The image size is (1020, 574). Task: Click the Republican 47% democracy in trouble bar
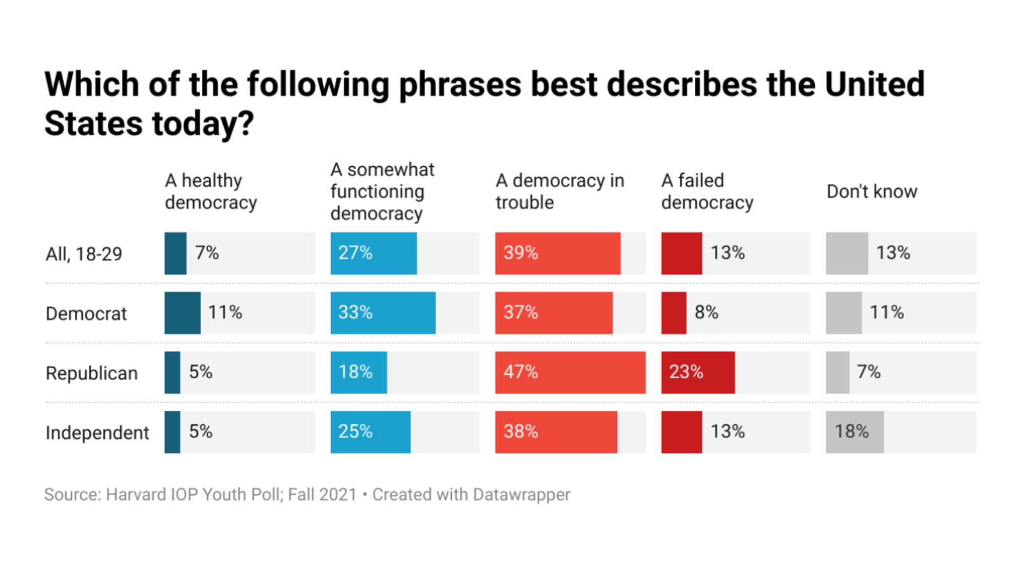pyautogui.click(x=570, y=372)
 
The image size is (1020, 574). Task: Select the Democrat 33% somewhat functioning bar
pyautogui.click(x=382, y=313)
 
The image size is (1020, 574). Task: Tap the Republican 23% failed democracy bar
pyautogui.click(x=697, y=372)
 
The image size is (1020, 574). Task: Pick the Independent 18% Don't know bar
pyautogui.click(x=854, y=432)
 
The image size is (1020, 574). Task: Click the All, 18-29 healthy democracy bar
pyautogui.click(x=175, y=253)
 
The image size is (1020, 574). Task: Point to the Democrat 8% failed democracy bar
pyautogui.click(x=673, y=313)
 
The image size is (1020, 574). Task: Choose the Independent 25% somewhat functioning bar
pyautogui.click(x=370, y=432)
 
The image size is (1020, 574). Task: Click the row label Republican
pyautogui.click(x=92, y=373)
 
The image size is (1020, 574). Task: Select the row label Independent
pyautogui.click(x=97, y=433)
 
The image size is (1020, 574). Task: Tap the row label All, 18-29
pyautogui.click(x=84, y=254)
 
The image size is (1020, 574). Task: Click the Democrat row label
pyautogui.click(x=86, y=314)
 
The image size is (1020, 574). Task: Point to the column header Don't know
pyautogui.click(x=871, y=191)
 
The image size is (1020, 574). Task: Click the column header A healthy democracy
pyautogui.click(x=210, y=191)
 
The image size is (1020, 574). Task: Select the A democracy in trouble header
pyautogui.click(x=559, y=191)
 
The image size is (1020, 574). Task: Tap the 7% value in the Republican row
pyautogui.click(x=868, y=372)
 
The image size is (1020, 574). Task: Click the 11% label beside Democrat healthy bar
pyautogui.click(x=225, y=313)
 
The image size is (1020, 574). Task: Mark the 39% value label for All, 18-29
pyautogui.click(x=521, y=253)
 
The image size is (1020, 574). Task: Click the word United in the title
pyautogui.click(x=874, y=84)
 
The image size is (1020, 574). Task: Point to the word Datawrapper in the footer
pyautogui.click(x=521, y=494)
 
